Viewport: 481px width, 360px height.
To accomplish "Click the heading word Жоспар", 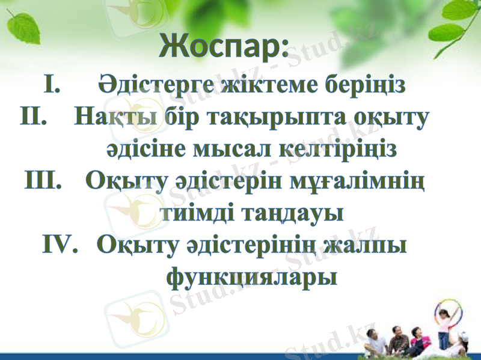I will click(x=224, y=45).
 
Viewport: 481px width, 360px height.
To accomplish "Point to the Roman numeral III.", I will click(x=46, y=180).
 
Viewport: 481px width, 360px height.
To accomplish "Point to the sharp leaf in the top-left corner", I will click(x=24, y=28).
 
